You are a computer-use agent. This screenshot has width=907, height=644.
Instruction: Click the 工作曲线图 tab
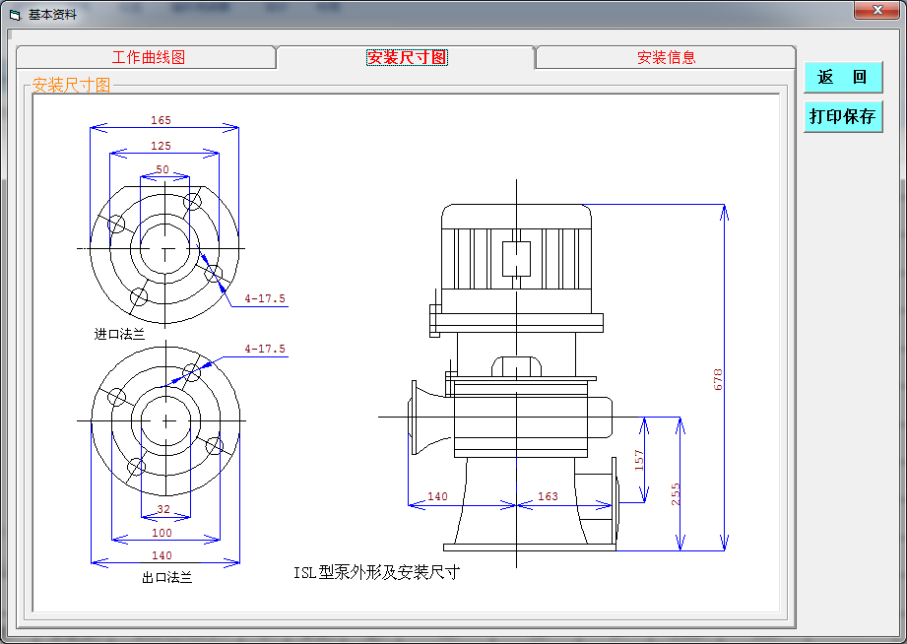tap(148, 57)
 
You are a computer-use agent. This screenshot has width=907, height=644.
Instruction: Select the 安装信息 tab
tap(666, 57)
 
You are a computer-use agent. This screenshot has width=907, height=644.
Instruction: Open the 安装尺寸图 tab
tap(407, 57)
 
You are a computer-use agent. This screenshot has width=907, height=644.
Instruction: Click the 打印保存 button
tap(843, 117)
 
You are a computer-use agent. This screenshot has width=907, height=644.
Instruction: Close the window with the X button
tap(876, 10)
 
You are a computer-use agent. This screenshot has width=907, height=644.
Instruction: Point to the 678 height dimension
tap(718, 379)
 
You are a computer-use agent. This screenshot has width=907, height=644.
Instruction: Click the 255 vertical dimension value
tap(675, 494)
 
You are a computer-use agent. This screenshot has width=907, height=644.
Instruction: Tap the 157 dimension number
tap(638, 460)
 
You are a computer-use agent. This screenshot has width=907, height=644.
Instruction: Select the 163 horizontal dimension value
tap(548, 496)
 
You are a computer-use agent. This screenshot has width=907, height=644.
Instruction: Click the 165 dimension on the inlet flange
tap(161, 120)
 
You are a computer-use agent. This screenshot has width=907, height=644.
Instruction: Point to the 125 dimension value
tap(161, 146)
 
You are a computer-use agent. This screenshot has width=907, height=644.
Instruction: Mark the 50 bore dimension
tap(162, 169)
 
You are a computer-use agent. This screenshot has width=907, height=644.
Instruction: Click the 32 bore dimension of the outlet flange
tap(163, 509)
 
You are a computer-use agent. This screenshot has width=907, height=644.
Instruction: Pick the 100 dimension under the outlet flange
tap(162, 533)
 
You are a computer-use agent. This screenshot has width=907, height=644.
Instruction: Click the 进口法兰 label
tap(119, 334)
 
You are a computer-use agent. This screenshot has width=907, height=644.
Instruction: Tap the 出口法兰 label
tap(167, 577)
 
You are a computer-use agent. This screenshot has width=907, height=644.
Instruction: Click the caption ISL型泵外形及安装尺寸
tap(376, 572)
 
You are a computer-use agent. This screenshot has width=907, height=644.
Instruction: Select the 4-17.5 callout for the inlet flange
tap(265, 298)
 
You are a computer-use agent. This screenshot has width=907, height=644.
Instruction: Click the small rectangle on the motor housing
tap(516, 259)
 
